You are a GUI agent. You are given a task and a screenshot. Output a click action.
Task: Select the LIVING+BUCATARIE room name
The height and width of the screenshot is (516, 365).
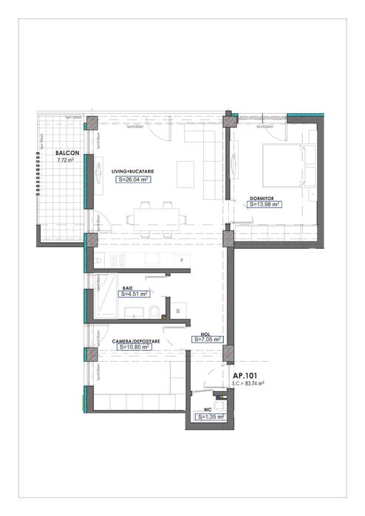coord(134,171)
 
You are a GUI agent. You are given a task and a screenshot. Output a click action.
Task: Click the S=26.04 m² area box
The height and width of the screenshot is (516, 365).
coord(133,179)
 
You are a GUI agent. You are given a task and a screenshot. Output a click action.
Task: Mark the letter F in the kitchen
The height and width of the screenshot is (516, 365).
coord(182,261)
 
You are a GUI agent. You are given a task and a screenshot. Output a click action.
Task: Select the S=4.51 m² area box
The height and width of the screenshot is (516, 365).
coord(134,293)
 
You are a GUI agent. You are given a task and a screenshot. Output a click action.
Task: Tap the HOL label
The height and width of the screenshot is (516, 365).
coord(206,334)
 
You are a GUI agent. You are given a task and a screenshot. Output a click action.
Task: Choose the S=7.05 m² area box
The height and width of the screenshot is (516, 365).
coord(210,340)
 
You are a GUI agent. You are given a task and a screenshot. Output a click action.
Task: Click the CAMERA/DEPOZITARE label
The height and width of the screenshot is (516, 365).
coord(132,340)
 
